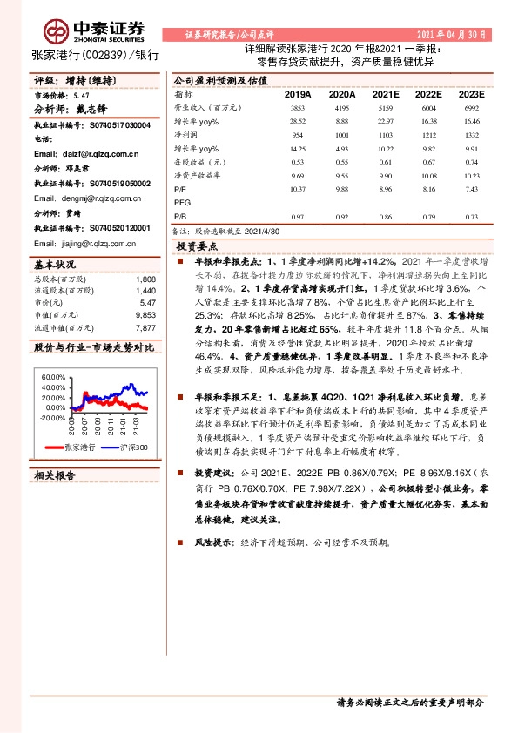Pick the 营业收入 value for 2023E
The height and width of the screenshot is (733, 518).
point(472,107)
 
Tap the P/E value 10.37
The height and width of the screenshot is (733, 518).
point(298,188)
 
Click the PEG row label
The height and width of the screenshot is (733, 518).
point(182,202)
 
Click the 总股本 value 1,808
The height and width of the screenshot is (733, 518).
point(145,279)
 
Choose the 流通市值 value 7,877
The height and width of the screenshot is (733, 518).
point(145,328)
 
